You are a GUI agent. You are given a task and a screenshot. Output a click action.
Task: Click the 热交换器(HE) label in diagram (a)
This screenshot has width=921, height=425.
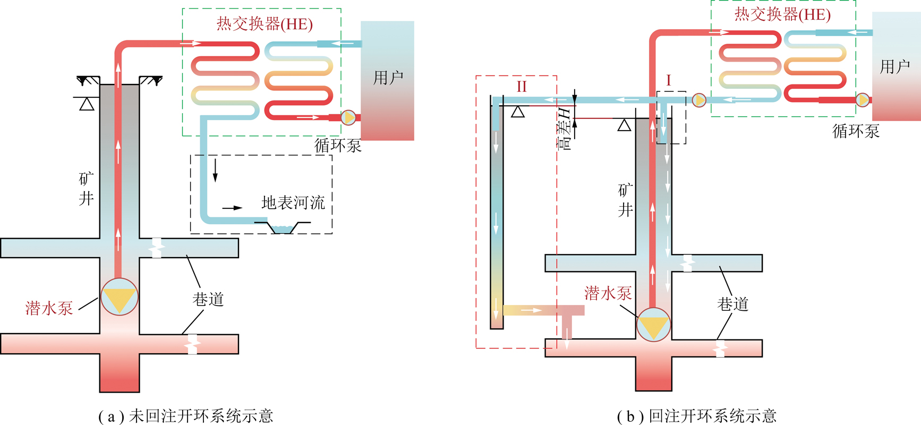click(265, 24)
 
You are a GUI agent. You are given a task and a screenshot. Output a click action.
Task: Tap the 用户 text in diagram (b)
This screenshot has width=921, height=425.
click(895, 66)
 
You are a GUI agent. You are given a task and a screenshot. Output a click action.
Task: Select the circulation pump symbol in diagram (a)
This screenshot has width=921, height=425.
click(348, 117)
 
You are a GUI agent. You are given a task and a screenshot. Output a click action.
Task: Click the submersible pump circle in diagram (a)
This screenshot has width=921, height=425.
click(120, 297)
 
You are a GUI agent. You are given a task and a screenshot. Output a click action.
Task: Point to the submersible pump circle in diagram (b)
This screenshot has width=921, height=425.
click(653, 325)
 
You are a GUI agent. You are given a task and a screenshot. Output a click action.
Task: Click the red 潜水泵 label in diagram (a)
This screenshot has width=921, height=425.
click(49, 308)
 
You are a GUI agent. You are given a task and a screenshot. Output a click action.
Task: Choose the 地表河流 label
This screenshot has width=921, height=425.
click(293, 202)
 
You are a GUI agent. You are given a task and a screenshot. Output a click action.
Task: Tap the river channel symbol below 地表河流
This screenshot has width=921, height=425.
click(282, 228)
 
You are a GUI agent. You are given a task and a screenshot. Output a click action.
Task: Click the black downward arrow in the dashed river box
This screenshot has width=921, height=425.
click(215, 169)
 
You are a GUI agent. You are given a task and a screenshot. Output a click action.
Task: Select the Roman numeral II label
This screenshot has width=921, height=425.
click(522, 87)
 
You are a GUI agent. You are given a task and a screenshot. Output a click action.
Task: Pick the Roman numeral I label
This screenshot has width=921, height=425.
click(668, 81)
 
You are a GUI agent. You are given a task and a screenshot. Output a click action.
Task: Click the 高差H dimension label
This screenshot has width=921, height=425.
click(565, 128)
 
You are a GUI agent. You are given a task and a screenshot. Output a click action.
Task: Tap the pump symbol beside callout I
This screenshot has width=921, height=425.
click(699, 100)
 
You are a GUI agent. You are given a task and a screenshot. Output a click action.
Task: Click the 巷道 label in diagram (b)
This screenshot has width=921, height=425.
click(732, 304)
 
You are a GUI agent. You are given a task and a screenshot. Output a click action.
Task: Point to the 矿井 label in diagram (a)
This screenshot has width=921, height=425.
click(86, 189)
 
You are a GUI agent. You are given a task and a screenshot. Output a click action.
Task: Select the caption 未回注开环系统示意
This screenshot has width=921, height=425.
click(201, 416)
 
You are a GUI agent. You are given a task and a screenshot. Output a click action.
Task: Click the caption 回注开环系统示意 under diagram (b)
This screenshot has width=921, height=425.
click(712, 416)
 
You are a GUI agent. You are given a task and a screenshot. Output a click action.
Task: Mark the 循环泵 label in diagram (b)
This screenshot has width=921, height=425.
click(856, 131)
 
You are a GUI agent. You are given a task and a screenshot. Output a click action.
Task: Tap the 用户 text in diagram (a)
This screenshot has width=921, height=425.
click(388, 78)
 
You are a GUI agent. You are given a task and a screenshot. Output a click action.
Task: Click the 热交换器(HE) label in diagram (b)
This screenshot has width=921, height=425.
click(782, 14)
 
